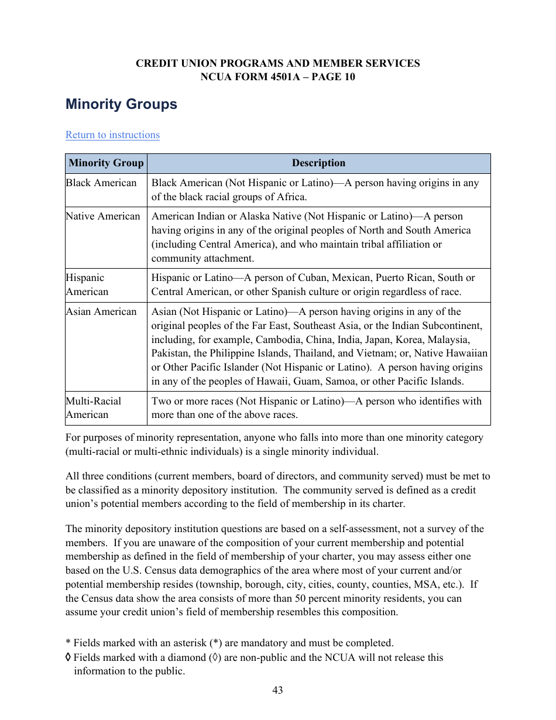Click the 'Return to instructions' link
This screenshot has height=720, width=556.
point(112,135)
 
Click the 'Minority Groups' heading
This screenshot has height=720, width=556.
point(121,104)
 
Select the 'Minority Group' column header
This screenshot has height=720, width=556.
point(106,163)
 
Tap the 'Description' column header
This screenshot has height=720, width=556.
point(318,163)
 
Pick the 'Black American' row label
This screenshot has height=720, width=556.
point(101,183)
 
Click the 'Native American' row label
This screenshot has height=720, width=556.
point(103,216)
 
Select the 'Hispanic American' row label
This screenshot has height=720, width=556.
point(87,284)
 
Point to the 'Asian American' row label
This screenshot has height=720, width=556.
point(101,311)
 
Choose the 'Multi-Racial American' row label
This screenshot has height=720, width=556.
point(93,408)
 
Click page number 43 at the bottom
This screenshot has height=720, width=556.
point(277,690)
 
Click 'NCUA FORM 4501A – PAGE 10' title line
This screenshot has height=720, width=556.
point(277,77)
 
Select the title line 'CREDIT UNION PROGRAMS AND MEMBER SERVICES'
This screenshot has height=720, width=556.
point(277,63)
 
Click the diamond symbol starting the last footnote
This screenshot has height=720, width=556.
point(68,657)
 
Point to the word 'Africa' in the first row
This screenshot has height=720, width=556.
point(290,197)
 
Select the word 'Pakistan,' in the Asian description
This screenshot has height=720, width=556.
point(171,353)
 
